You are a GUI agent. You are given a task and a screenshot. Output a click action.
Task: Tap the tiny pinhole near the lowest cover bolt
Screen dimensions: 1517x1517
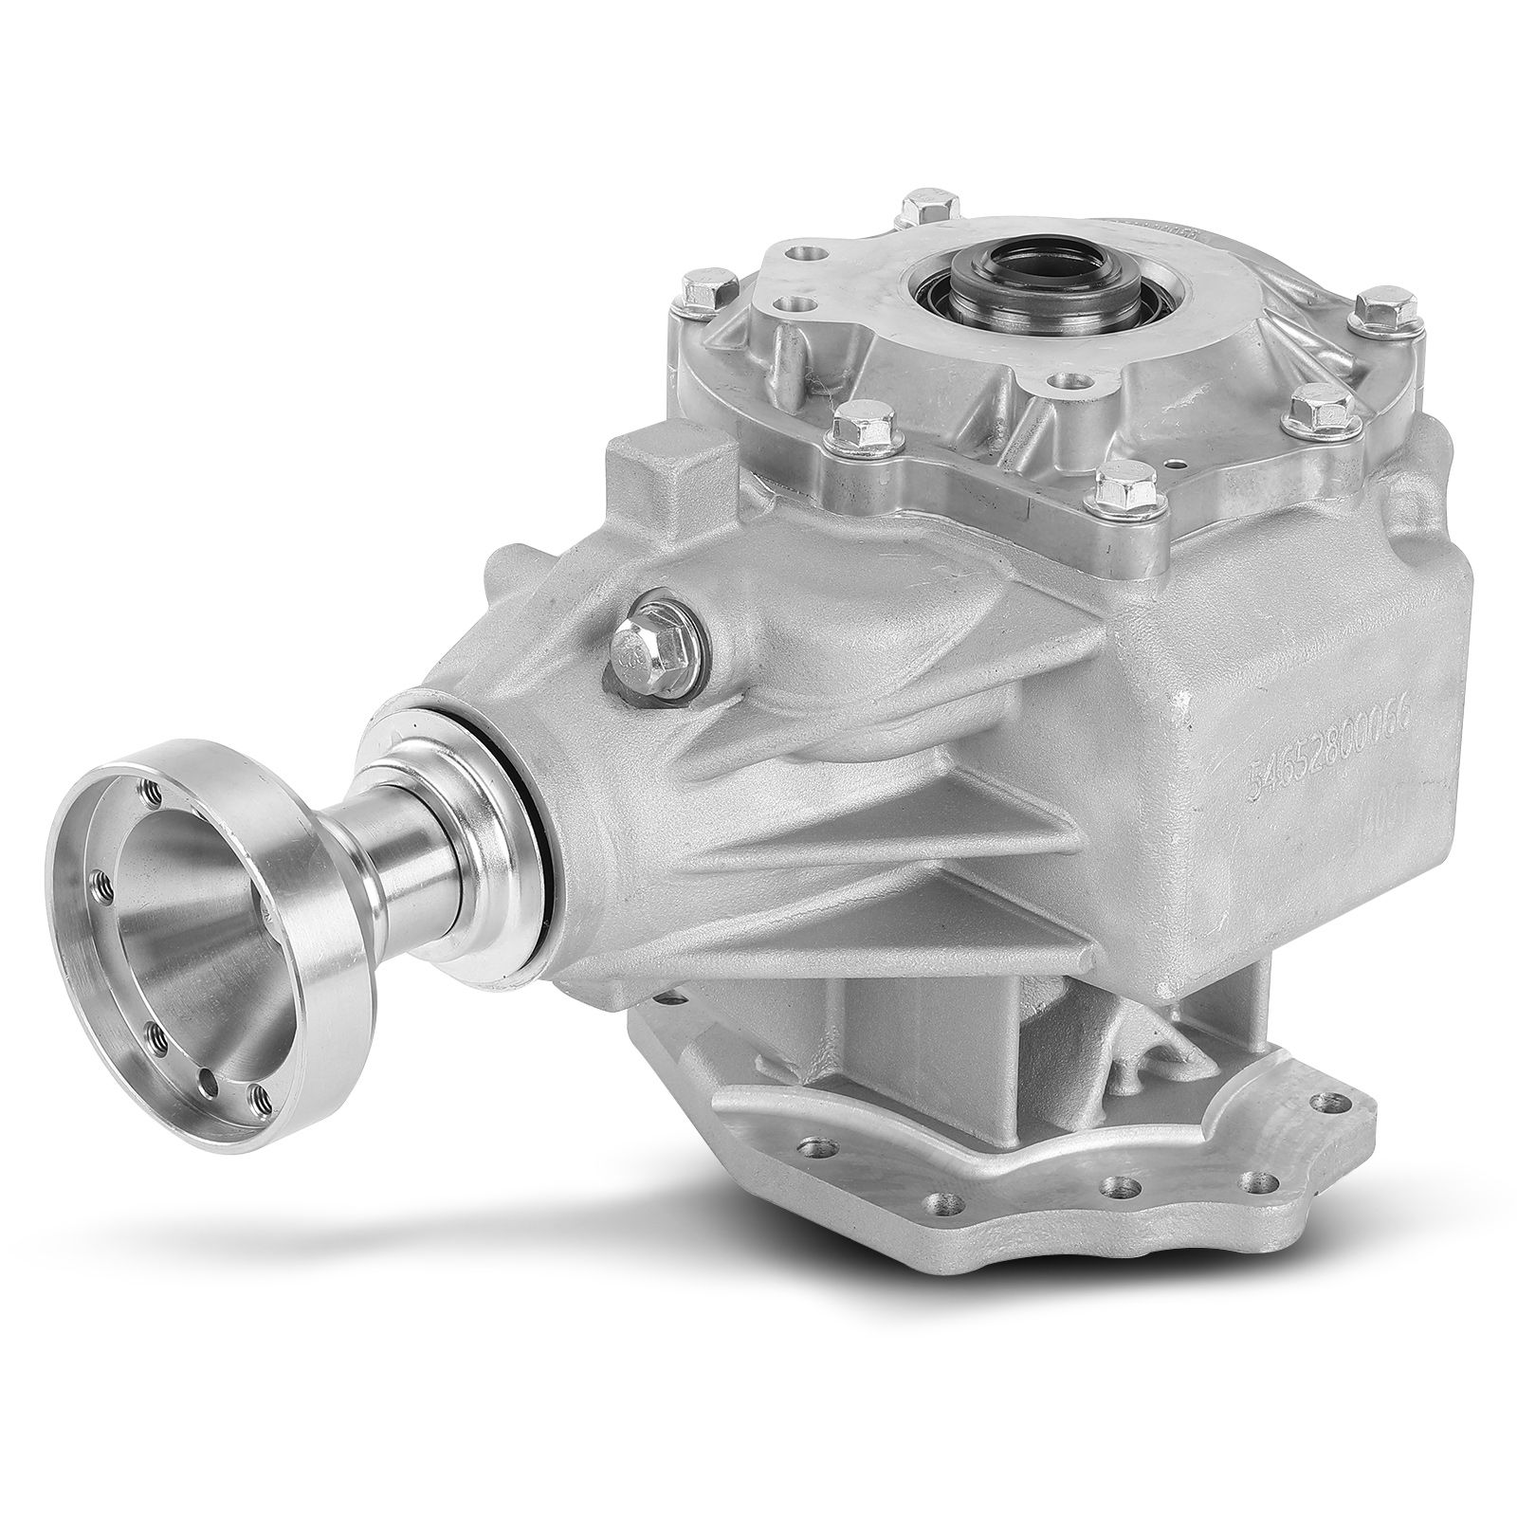tap(1176, 466)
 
